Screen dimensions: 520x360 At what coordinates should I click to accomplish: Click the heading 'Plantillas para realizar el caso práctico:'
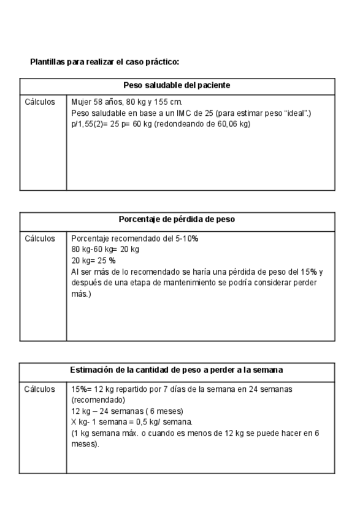tap(104, 63)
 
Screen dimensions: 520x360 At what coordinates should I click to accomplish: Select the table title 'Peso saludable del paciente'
tap(177, 86)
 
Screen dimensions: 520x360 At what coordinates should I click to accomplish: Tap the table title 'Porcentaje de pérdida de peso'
tap(177, 220)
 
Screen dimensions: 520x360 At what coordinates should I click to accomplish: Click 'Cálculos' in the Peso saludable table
tap(40, 102)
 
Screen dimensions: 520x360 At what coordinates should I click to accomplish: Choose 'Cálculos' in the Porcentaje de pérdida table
tap(40, 239)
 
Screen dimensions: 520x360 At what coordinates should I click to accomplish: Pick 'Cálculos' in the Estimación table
tap(40, 389)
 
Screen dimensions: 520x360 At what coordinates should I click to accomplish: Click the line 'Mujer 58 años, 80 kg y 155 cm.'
tap(127, 102)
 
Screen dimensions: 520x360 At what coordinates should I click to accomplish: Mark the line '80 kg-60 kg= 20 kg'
tap(105, 250)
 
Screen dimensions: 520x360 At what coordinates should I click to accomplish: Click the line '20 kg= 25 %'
tap(93, 261)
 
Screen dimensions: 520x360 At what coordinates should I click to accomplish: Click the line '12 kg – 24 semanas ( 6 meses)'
tap(127, 411)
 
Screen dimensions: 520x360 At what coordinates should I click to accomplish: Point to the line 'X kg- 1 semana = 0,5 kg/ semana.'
tap(131, 422)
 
